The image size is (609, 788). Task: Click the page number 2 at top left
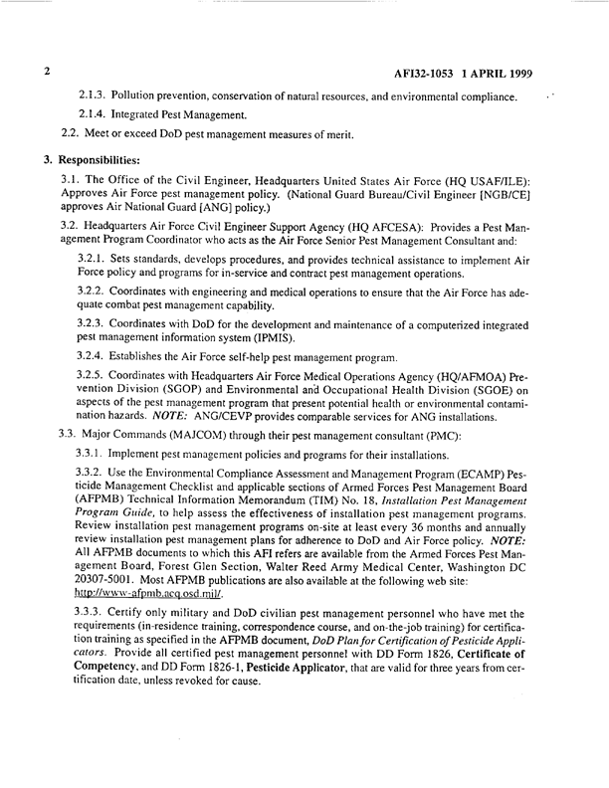pos(46,74)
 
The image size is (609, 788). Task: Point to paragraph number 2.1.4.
pos(95,114)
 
